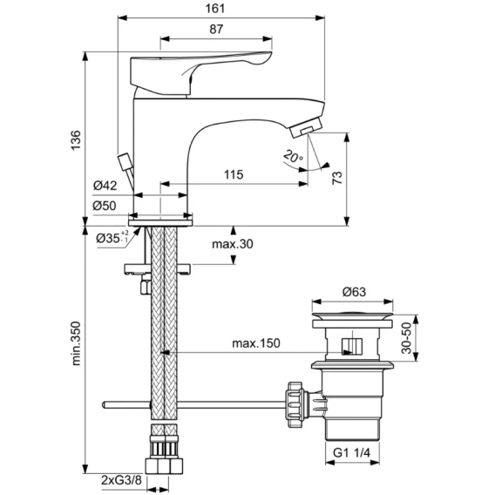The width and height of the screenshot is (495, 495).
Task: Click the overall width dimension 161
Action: pyautogui.click(x=215, y=9)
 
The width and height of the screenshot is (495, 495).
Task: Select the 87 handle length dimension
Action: pyautogui.click(x=216, y=29)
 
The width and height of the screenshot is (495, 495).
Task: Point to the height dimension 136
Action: pyautogui.click(x=76, y=139)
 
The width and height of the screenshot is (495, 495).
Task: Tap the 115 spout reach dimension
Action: pyautogui.click(x=234, y=174)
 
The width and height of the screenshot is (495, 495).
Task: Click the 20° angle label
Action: pyautogui.click(x=293, y=156)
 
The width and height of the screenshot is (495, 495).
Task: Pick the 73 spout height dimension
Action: pyautogui.click(x=337, y=178)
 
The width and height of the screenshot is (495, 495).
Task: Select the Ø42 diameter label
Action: pyautogui.click(x=105, y=186)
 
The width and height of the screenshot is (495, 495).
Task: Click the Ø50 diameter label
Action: pyautogui.click(x=105, y=206)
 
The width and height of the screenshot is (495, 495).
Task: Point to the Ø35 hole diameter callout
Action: pyautogui.click(x=112, y=237)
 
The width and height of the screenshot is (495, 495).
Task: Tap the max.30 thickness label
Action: pyautogui.click(x=233, y=244)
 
